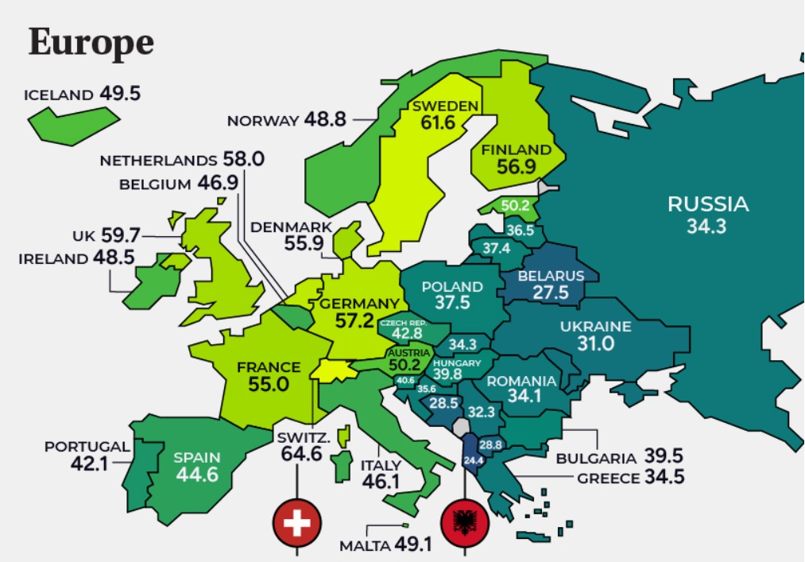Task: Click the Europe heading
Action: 91,43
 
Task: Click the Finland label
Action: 516,149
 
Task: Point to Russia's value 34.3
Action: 706,227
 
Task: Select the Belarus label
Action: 550,276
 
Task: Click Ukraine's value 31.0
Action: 595,344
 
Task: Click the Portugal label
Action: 86,446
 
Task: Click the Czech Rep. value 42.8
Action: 405,335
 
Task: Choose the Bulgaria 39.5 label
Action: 619,458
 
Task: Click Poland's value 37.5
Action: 452,303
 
